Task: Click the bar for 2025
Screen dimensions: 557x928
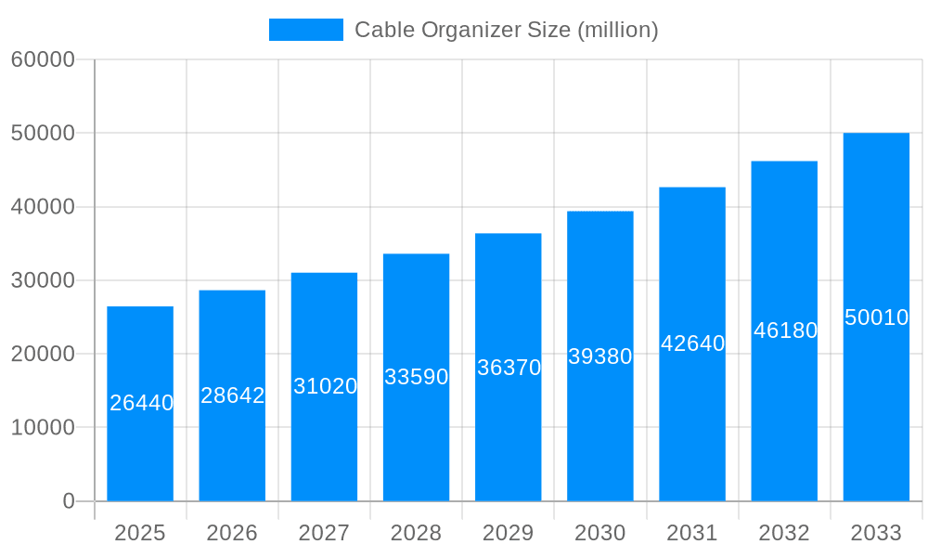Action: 140,446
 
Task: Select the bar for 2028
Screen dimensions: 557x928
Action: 416,436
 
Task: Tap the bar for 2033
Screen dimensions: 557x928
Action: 876,408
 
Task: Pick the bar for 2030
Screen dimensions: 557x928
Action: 600,427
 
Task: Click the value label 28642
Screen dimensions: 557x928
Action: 233,395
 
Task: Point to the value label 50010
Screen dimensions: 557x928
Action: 876,317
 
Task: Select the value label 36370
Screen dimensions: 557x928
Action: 509,368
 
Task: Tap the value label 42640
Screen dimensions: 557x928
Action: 692,343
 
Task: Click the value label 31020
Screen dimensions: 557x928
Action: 325,386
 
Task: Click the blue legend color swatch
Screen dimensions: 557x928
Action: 305,30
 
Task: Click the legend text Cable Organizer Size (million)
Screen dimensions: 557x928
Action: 506,30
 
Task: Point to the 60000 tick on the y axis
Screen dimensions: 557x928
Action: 43,59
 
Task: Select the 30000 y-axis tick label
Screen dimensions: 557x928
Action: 43,280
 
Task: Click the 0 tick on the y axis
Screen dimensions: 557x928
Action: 69,501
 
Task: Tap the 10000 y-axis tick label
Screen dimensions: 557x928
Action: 43,428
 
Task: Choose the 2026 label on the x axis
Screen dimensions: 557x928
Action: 232,533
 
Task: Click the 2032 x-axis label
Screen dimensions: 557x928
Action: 784,533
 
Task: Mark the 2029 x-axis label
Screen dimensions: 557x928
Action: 509,533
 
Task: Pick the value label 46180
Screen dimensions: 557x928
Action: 785,330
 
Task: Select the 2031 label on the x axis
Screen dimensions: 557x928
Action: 692,533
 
